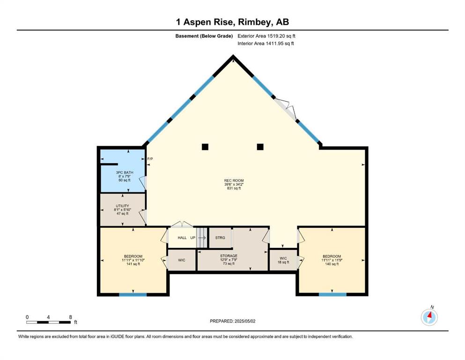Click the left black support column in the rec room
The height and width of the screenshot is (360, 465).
(205, 147)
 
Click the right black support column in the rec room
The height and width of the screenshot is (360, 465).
(260, 147)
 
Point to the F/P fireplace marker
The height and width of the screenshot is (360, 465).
(150, 159)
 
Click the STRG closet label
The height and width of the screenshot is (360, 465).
(220, 238)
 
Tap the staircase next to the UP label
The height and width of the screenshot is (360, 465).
(201, 238)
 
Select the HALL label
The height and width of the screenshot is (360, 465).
(182, 238)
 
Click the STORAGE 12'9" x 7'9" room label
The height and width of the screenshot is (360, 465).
(229, 260)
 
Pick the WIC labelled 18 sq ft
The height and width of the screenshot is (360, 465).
(283, 260)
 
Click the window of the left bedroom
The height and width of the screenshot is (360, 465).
(133, 295)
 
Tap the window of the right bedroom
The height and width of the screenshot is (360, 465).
(333, 295)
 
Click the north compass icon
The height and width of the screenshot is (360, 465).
(429, 317)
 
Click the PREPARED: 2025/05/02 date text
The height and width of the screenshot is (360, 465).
(232, 321)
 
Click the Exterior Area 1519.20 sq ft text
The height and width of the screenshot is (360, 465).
(266, 36)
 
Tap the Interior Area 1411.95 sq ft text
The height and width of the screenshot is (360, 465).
(266, 43)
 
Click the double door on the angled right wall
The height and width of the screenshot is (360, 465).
(286, 109)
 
